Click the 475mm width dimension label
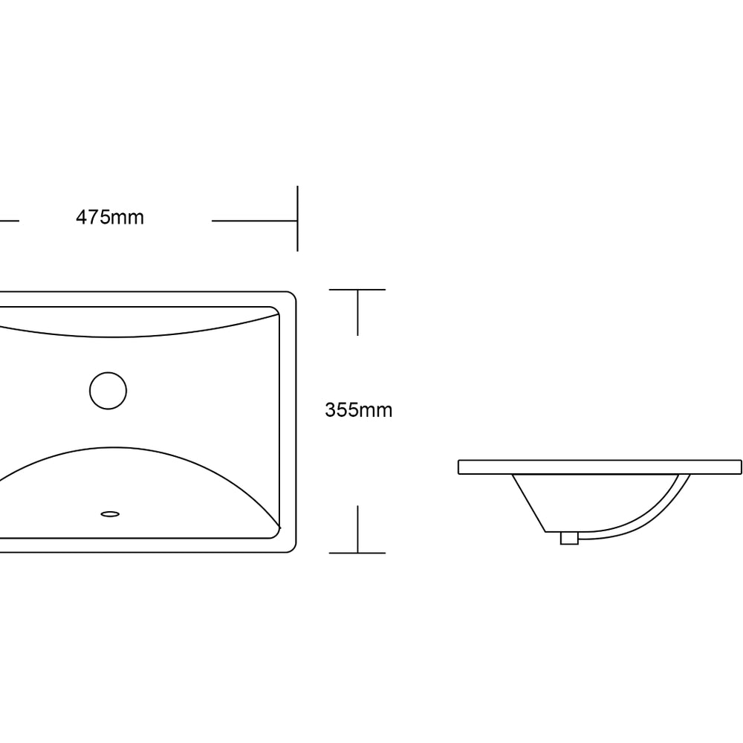pos(110,217)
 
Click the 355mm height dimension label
pos(358,409)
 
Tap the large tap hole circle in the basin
pos(108,390)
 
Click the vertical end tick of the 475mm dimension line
pos(297,218)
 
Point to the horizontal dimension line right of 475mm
pos(253,221)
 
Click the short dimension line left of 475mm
pos(8,221)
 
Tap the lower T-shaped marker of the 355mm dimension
pos(357,551)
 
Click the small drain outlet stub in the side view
pos(569,538)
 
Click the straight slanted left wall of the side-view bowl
pos(528,502)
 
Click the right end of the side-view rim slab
pos(740,467)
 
